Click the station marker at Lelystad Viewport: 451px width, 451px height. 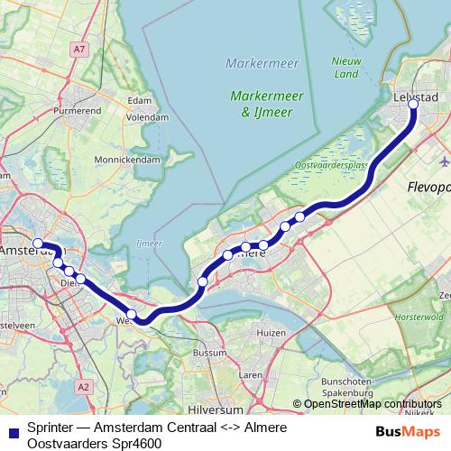point(414,105)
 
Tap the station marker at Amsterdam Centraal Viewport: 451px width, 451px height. point(38,244)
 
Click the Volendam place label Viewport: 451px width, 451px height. point(148,116)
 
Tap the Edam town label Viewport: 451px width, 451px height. point(140,100)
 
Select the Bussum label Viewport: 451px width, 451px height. point(211,353)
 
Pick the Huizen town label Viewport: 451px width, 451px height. point(271,333)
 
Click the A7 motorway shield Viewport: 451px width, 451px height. point(79,49)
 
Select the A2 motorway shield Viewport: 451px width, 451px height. point(84,386)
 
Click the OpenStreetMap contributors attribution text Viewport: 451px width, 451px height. point(373,404)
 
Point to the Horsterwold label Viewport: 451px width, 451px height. point(425,318)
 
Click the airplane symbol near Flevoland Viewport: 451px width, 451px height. point(443,161)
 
